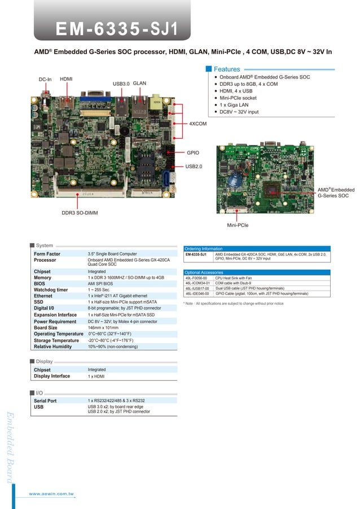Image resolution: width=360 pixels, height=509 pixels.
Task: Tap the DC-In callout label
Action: [x=45, y=80]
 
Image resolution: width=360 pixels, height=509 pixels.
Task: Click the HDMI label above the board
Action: [x=66, y=79]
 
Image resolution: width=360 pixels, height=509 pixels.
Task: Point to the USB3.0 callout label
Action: [x=121, y=84]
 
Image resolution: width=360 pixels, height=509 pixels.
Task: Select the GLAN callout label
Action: [x=139, y=83]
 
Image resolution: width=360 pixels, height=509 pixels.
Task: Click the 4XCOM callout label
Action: [x=197, y=123]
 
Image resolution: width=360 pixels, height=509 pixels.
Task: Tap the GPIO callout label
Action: [x=192, y=152]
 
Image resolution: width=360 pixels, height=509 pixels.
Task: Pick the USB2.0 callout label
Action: [x=194, y=166]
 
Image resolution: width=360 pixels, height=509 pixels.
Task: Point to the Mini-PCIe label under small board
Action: [x=238, y=225]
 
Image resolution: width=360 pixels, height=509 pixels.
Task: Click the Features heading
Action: [x=227, y=69]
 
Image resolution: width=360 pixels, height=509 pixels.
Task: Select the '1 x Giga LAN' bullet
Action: [x=235, y=105]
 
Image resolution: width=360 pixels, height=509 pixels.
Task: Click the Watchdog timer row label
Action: [x=51, y=290]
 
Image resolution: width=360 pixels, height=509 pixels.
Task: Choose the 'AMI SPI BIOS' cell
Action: [x=100, y=284]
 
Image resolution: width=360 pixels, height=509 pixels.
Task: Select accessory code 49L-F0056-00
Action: [x=196, y=278]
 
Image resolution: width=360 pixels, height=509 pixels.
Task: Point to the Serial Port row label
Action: [x=45, y=400]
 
